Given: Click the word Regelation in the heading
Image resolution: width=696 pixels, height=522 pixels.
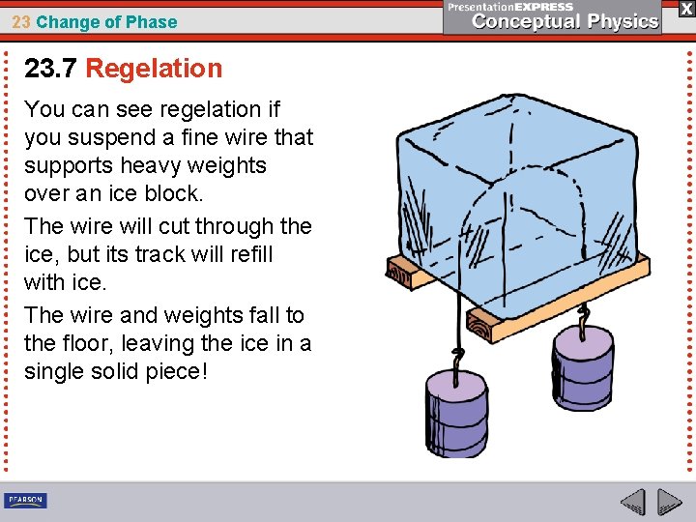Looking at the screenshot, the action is (x=154, y=69).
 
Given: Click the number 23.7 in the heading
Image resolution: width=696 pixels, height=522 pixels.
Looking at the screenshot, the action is (x=51, y=69).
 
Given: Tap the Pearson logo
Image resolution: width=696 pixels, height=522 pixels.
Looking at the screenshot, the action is (x=25, y=501).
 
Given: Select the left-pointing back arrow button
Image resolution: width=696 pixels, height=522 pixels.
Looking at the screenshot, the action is (x=632, y=502).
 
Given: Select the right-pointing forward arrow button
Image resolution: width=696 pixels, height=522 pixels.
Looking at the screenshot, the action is (x=669, y=502).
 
